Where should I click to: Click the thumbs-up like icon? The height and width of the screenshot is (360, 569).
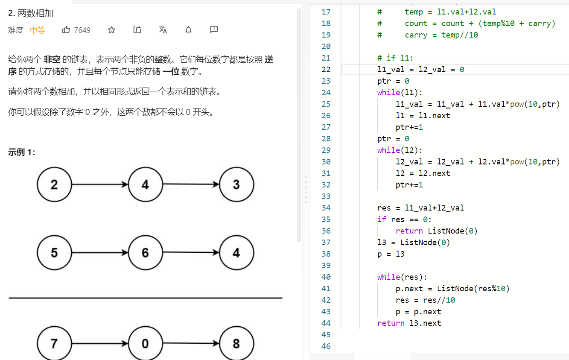[66, 30]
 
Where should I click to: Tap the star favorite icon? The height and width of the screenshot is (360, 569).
[111, 30]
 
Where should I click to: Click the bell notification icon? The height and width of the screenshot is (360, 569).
[188, 30]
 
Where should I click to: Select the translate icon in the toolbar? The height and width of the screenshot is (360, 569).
[163, 30]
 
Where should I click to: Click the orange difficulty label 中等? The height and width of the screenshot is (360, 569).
[38, 30]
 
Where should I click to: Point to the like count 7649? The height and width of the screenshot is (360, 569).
[82, 30]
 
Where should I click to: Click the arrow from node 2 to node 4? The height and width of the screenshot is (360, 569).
[100, 184]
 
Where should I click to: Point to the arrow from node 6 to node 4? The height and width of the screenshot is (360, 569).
[191, 252]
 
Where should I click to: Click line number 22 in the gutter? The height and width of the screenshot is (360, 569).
[326, 69]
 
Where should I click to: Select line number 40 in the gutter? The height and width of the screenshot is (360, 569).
[326, 277]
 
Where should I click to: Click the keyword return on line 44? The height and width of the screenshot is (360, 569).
[391, 323]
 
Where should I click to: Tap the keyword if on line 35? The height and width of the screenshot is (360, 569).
[382, 219]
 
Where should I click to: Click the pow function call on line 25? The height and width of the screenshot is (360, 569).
[516, 104]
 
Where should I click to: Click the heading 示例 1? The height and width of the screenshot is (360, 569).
[22, 152]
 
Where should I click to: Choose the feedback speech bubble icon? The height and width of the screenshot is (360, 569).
[214, 30]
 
